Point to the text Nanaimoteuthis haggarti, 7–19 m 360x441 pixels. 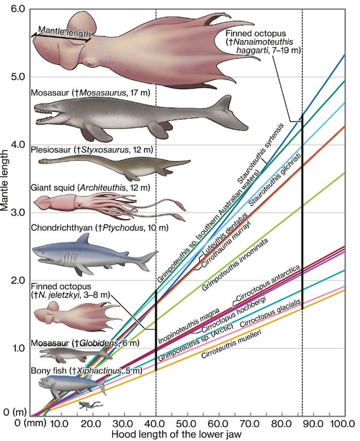pos(266,46)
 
